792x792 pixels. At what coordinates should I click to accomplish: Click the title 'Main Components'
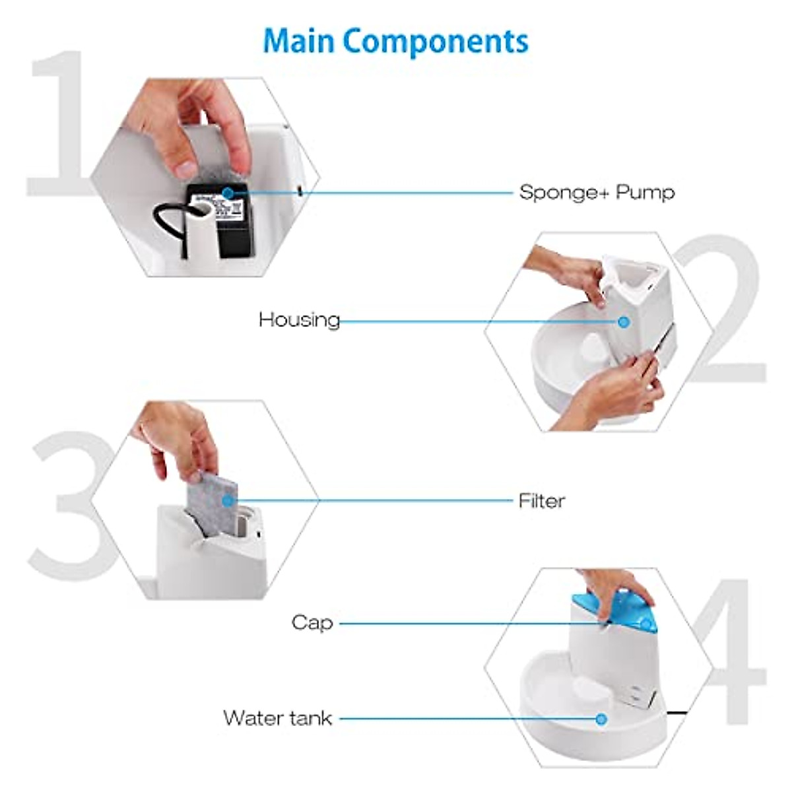(395, 41)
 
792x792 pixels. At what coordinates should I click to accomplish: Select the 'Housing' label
(299, 320)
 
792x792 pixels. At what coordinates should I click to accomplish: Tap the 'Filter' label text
(541, 501)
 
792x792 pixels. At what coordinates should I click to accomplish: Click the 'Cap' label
(312, 622)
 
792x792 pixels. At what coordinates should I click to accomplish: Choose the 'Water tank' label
(277, 717)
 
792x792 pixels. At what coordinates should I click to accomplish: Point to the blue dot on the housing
(623, 321)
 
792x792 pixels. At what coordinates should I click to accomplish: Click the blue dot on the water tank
(601, 718)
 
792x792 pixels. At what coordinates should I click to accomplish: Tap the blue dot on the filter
(228, 501)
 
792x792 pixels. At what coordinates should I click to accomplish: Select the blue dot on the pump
(228, 193)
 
